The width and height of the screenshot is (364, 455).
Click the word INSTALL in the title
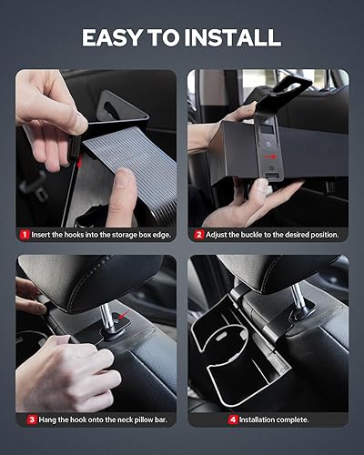point(236,37)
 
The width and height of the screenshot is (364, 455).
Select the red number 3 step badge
point(31,420)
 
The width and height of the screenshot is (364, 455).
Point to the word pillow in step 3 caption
point(127,420)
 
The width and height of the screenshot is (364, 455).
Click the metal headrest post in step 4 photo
point(293,308)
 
